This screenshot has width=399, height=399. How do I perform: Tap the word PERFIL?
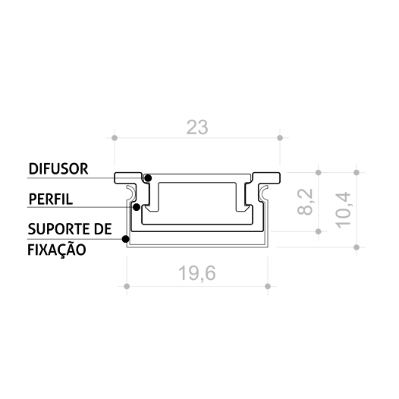[51, 200]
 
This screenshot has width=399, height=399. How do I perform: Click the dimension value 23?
[197, 128]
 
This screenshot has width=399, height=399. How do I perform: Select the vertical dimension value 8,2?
[305, 202]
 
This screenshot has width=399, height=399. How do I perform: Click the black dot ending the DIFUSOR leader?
[148, 178]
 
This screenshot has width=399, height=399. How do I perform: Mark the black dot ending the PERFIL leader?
[136, 206]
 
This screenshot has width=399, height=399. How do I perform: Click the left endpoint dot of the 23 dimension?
[115, 138]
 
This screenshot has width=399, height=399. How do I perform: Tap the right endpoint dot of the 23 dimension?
[280, 138]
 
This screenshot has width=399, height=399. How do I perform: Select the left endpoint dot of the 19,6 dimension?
[127, 286]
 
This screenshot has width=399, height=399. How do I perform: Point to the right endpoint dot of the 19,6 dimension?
[268, 286]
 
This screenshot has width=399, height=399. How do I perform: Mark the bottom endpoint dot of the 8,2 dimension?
[318, 231]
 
